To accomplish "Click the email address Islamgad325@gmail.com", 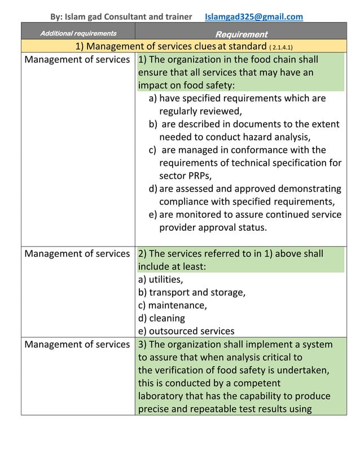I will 253,16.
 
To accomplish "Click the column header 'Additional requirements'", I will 78,34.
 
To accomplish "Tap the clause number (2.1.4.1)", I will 281,47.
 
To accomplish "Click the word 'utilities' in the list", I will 165,279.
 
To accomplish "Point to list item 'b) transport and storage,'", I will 191,292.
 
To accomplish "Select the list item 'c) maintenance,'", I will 172,305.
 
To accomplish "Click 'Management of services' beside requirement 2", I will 77,254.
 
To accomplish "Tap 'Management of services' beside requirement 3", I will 77,344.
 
